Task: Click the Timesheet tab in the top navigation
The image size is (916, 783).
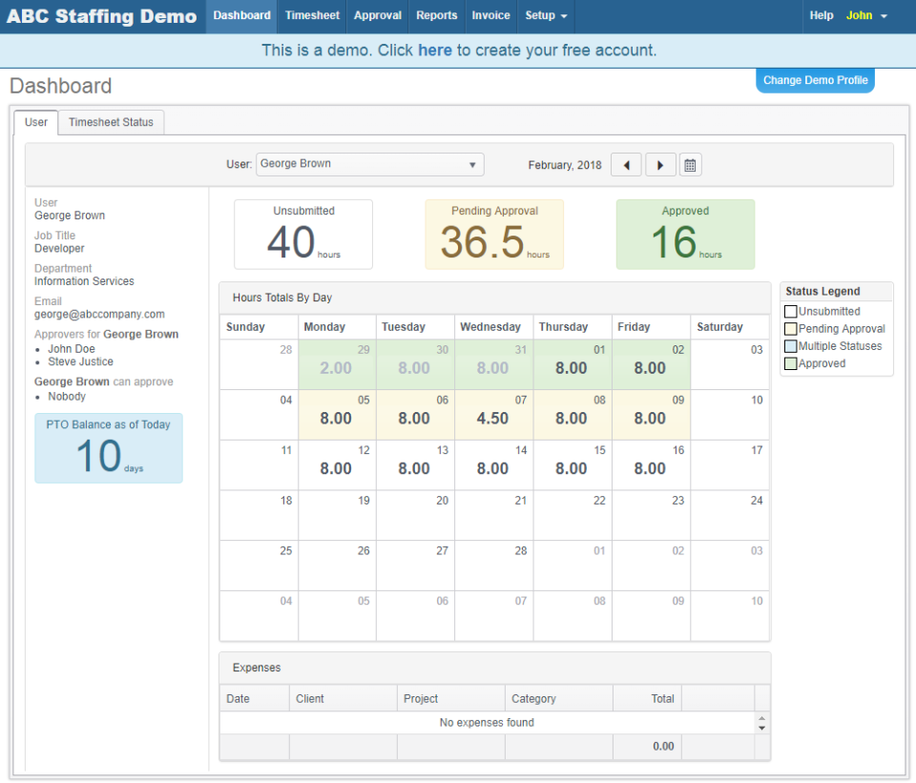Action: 312,16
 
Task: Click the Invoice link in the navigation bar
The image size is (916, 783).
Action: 490,16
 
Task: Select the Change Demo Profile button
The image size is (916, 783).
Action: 815,80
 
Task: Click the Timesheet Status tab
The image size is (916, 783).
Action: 111,122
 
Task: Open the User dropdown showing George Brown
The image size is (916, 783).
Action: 369,164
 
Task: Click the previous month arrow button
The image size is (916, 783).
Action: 626,165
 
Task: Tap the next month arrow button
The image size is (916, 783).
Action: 660,165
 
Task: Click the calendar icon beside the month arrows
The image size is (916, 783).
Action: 691,165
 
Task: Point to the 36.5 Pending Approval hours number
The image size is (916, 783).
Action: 482,242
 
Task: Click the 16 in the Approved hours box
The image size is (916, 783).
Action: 674,242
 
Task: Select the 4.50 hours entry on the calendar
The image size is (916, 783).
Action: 492,418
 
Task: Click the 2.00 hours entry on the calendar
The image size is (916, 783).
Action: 336,368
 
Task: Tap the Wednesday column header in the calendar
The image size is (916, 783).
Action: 490,327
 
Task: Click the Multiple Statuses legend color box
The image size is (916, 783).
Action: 790,346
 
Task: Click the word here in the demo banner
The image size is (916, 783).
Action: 435,51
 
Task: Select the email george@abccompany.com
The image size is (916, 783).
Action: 99,314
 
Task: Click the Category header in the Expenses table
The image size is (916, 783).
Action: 533,698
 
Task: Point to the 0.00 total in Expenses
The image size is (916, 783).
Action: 662,747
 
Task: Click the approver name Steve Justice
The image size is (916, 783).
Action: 80,361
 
